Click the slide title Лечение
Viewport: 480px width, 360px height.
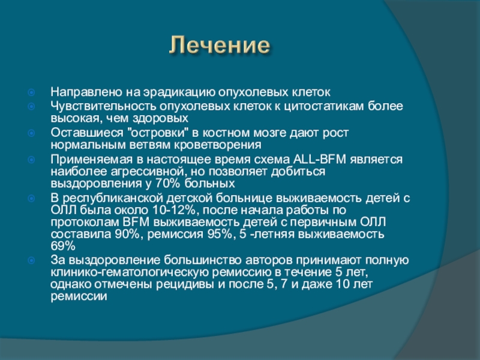tap(220, 45)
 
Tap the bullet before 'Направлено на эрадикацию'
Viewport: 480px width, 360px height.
tap(31, 92)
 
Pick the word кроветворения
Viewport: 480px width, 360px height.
tap(218, 145)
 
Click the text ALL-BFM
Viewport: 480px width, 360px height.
tap(320, 160)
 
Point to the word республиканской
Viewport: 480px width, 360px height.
tap(113, 199)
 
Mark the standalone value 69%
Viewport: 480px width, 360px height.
tap(63, 246)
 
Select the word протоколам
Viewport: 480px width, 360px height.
tap(85, 222)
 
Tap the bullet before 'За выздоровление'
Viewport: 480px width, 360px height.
tap(31, 260)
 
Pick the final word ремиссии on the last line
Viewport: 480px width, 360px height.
tap(79, 296)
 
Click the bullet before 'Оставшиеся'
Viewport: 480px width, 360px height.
tap(31, 133)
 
